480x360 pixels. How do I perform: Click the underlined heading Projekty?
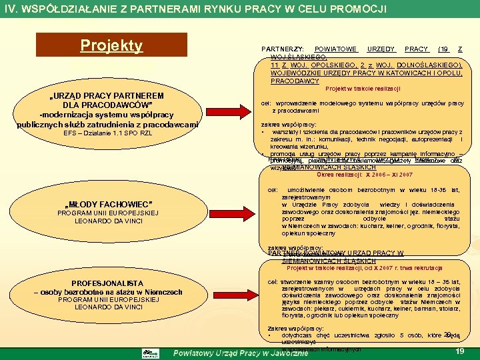[111, 45]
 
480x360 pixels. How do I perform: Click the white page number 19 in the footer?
[459, 351]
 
